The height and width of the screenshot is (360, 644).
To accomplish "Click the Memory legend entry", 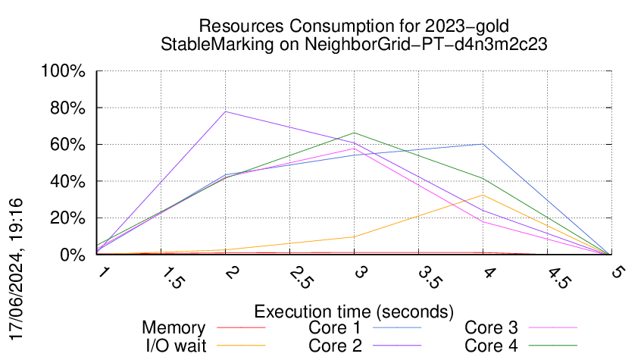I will pos(174,328).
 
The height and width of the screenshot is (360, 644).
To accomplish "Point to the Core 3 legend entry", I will pos(491,328).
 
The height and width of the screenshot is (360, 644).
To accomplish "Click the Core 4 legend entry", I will pos(491,346).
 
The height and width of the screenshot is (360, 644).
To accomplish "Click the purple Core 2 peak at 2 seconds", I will pos(225,111).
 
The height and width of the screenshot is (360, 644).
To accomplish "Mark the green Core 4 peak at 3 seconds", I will pos(354,133).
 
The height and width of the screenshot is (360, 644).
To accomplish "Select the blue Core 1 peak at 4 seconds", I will pos(483,144).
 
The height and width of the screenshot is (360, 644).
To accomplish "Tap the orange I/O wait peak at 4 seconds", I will pos(483,195).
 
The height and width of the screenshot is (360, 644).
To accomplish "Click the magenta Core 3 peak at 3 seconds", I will pos(354,149).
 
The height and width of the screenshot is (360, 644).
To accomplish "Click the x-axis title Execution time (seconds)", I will pos(354,311).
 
